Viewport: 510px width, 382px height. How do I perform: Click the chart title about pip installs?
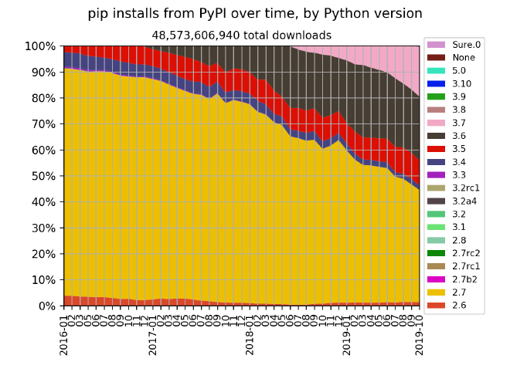254,14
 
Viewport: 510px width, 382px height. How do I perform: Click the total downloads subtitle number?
241,35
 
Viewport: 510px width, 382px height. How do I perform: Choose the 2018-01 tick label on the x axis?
250,333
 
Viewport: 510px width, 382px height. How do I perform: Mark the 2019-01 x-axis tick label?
347,333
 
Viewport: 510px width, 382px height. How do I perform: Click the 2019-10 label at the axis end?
420,333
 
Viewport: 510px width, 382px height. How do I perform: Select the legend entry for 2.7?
459,292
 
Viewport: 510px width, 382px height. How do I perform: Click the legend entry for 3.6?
459,136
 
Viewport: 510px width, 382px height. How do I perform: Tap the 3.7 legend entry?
459,123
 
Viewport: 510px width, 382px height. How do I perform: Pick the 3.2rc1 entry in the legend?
466,188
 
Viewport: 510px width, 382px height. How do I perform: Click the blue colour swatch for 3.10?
436,83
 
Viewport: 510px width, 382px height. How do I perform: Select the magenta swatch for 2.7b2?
436,279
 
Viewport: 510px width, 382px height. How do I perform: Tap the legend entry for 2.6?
459,306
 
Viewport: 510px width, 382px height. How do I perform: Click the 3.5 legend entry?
459,149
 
